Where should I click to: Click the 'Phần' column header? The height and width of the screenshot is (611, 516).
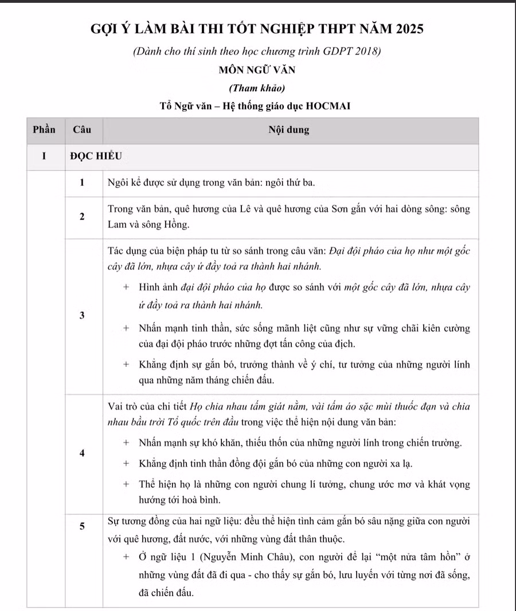click(44, 130)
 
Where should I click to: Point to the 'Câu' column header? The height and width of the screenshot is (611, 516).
click(82, 130)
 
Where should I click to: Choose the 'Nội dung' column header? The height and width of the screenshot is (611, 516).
click(289, 130)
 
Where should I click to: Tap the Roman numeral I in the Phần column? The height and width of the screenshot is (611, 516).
click(44, 155)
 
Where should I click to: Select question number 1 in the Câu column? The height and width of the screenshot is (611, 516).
click(83, 183)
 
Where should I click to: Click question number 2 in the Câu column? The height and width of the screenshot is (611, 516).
click(83, 217)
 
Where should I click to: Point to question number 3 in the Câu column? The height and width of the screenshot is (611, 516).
click(83, 316)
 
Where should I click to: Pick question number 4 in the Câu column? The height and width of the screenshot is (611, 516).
click(83, 453)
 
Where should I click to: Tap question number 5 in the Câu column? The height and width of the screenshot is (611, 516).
click(83, 527)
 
